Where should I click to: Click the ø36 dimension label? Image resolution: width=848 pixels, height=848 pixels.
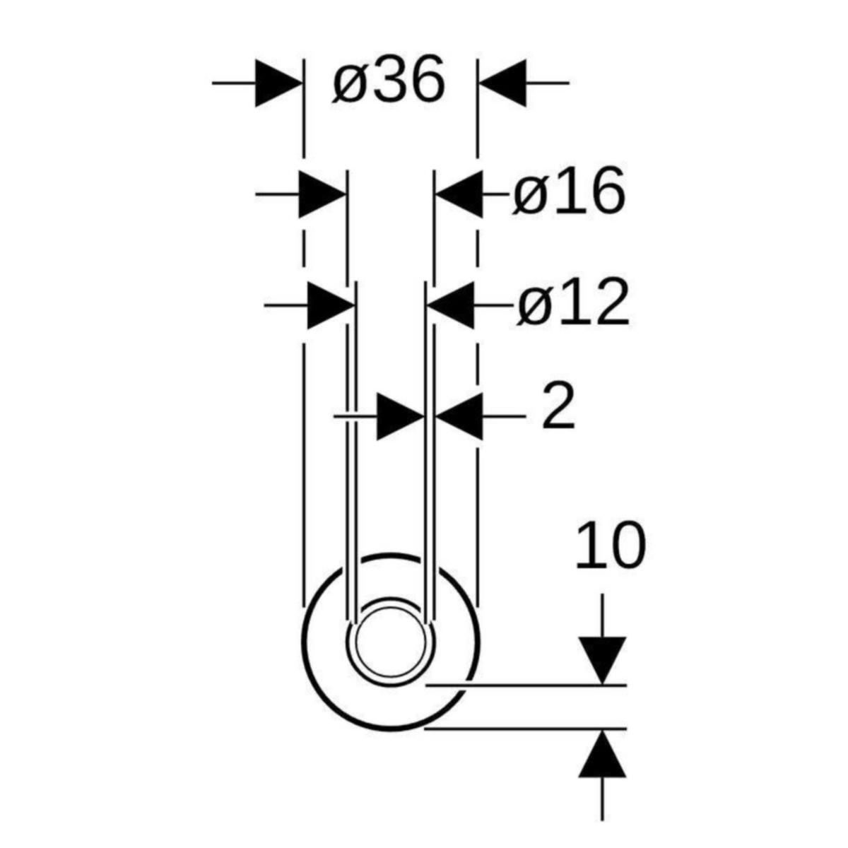(389, 80)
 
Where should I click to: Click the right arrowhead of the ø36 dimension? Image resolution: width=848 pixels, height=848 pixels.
(502, 83)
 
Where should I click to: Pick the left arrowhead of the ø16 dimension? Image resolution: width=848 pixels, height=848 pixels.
(322, 194)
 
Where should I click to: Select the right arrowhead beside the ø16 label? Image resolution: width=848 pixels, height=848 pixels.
(459, 194)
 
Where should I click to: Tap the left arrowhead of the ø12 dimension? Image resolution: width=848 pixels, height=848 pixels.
(331, 305)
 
